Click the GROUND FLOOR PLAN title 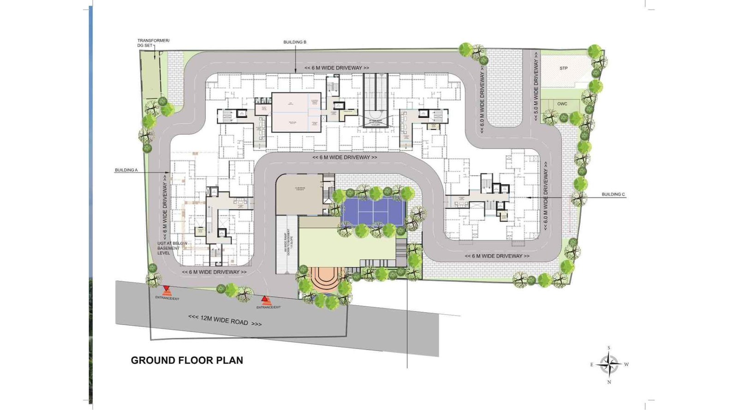tap(187, 360)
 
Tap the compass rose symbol tap(609, 364)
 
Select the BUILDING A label tap(126, 170)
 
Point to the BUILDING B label tap(295, 42)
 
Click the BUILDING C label tap(613, 194)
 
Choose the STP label tap(563, 68)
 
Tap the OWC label tap(562, 104)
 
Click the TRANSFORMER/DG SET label tap(153, 43)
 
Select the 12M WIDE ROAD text tap(225, 320)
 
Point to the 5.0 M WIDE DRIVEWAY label tap(536, 90)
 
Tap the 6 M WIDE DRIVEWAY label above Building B tap(337, 68)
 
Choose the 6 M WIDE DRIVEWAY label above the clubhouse tap(345, 157)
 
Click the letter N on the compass tap(609, 382)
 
